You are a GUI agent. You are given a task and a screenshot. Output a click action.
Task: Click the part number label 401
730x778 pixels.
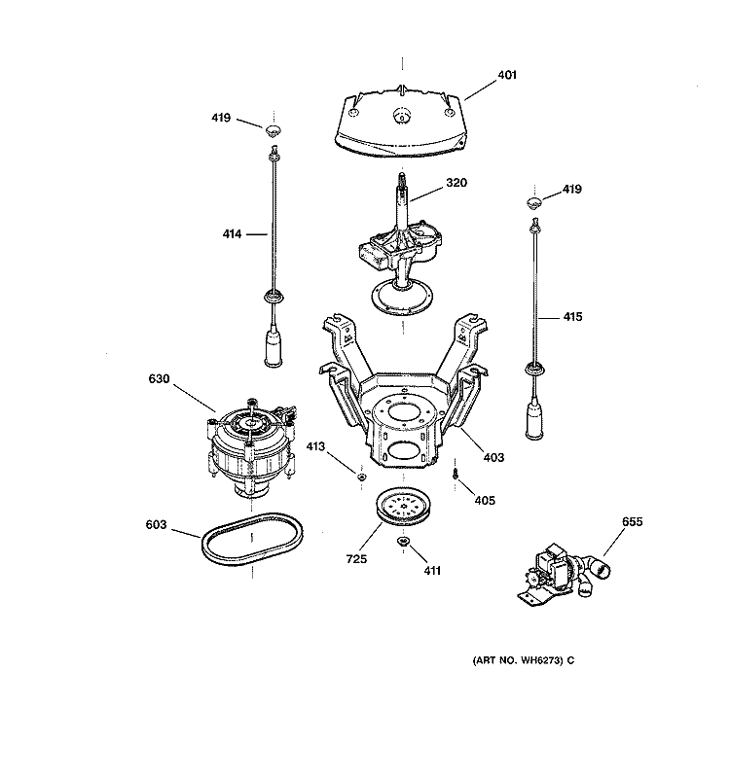tap(506, 75)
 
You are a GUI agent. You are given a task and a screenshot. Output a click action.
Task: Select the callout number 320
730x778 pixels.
tap(457, 182)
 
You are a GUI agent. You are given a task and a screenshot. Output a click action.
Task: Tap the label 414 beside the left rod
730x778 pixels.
tap(230, 233)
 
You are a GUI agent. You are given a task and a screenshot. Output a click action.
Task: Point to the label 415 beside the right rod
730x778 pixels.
tap(572, 316)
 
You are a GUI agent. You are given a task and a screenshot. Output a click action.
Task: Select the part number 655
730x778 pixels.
tap(634, 523)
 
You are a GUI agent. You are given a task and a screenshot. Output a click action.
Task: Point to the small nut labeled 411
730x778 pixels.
tap(402, 542)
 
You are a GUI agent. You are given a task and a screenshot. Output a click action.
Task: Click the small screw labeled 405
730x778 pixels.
tap(455, 474)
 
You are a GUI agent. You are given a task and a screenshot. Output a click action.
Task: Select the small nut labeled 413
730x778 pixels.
tap(359, 476)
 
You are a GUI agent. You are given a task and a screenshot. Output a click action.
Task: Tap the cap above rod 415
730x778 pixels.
tap(533, 201)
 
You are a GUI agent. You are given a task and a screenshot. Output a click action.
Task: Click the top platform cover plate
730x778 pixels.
tap(401, 124)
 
